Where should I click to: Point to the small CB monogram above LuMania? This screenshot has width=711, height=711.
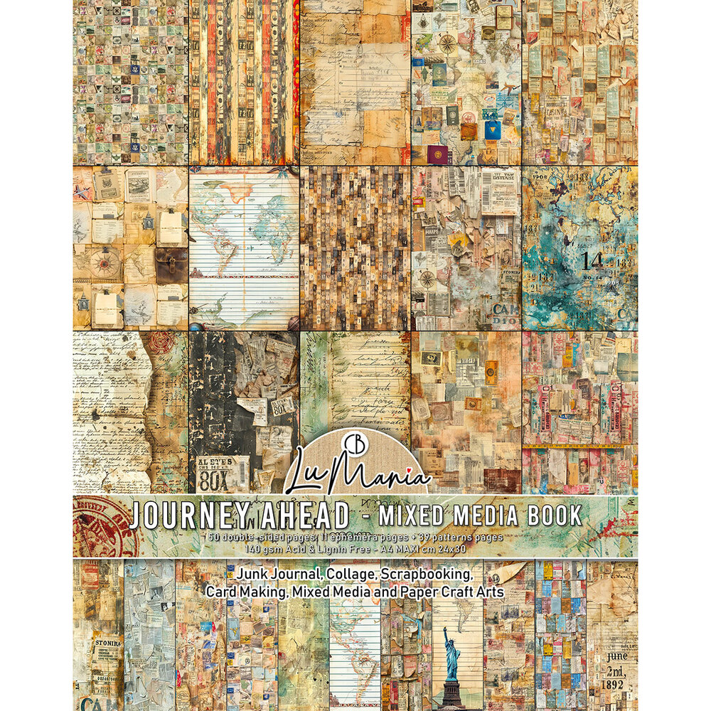(x=356, y=440)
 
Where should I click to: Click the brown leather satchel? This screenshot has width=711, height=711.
(x=171, y=264)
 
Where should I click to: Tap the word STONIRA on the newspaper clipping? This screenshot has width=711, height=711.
(x=105, y=643)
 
